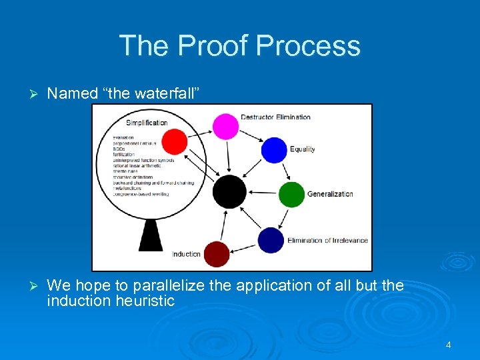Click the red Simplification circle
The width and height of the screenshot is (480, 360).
pyautogui.click(x=175, y=141)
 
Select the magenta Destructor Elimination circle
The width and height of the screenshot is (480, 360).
pyautogui.click(x=225, y=127)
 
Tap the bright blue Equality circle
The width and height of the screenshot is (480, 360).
pyautogui.click(x=273, y=150)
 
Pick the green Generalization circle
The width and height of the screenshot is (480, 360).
pyautogui.click(x=291, y=194)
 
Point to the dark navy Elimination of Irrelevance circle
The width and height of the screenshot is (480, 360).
pyautogui.click(x=271, y=240)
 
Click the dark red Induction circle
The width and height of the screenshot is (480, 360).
pyautogui.click(x=216, y=254)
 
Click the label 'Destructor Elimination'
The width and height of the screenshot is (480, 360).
pyautogui.click(x=275, y=117)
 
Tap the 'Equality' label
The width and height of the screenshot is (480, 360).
pyautogui.click(x=302, y=149)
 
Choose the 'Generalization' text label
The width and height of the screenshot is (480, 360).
pyautogui.click(x=330, y=194)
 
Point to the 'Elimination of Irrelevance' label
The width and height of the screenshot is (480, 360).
pyautogui.click(x=327, y=240)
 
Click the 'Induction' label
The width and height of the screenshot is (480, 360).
pyautogui.click(x=186, y=254)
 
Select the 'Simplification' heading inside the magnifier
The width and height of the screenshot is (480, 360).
pyautogui.click(x=147, y=123)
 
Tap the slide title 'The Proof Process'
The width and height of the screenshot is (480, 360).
pyautogui.click(x=240, y=46)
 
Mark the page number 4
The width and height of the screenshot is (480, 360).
pyautogui.click(x=448, y=345)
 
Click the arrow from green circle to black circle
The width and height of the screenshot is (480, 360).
pyautogui.click(x=262, y=193)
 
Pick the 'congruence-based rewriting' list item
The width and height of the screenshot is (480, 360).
pyautogui.click(x=141, y=194)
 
